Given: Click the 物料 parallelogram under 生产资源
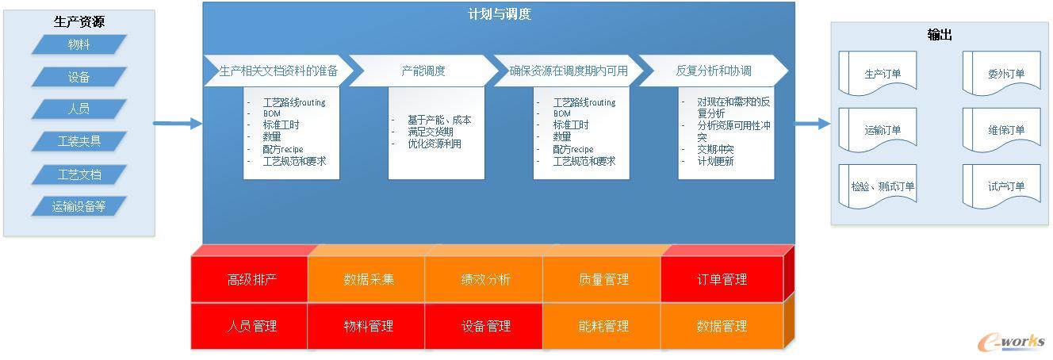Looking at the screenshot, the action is pyautogui.click(x=79, y=44).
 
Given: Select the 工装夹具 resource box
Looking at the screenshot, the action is pyautogui.click(x=79, y=141).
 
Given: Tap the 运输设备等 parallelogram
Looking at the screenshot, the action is pyautogui.click(x=79, y=206).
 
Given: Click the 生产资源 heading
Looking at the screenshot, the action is pyautogui.click(x=79, y=21).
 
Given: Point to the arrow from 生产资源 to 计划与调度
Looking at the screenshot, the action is pyautogui.click(x=178, y=124).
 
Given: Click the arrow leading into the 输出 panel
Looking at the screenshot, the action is pyautogui.click(x=812, y=124).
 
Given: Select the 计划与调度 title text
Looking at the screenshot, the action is pyautogui.click(x=500, y=14).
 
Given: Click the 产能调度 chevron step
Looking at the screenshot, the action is pyautogui.click(x=423, y=71).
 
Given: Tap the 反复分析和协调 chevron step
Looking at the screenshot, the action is pyautogui.click(x=714, y=71).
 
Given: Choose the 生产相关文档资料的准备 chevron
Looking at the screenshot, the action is pyautogui.click(x=278, y=71).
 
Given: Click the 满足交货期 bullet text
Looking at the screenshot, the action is pyautogui.click(x=430, y=132).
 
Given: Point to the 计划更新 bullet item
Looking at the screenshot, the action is pyautogui.click(x=715, y=161).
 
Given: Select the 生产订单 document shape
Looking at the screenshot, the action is pyautogui.click(x=878, y=73).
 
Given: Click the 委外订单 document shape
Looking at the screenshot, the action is pyautogui.click(x=1001, y=73).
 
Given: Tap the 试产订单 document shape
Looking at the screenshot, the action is pyautogui.click(x=1001, y=186).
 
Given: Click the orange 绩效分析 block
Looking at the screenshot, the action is pyautogui.click(x=484, y=279).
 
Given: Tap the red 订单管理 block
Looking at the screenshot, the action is pyautogui.click(x=722, y=279).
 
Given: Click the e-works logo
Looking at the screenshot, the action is pyautogui.click(x=1011, y=342).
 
